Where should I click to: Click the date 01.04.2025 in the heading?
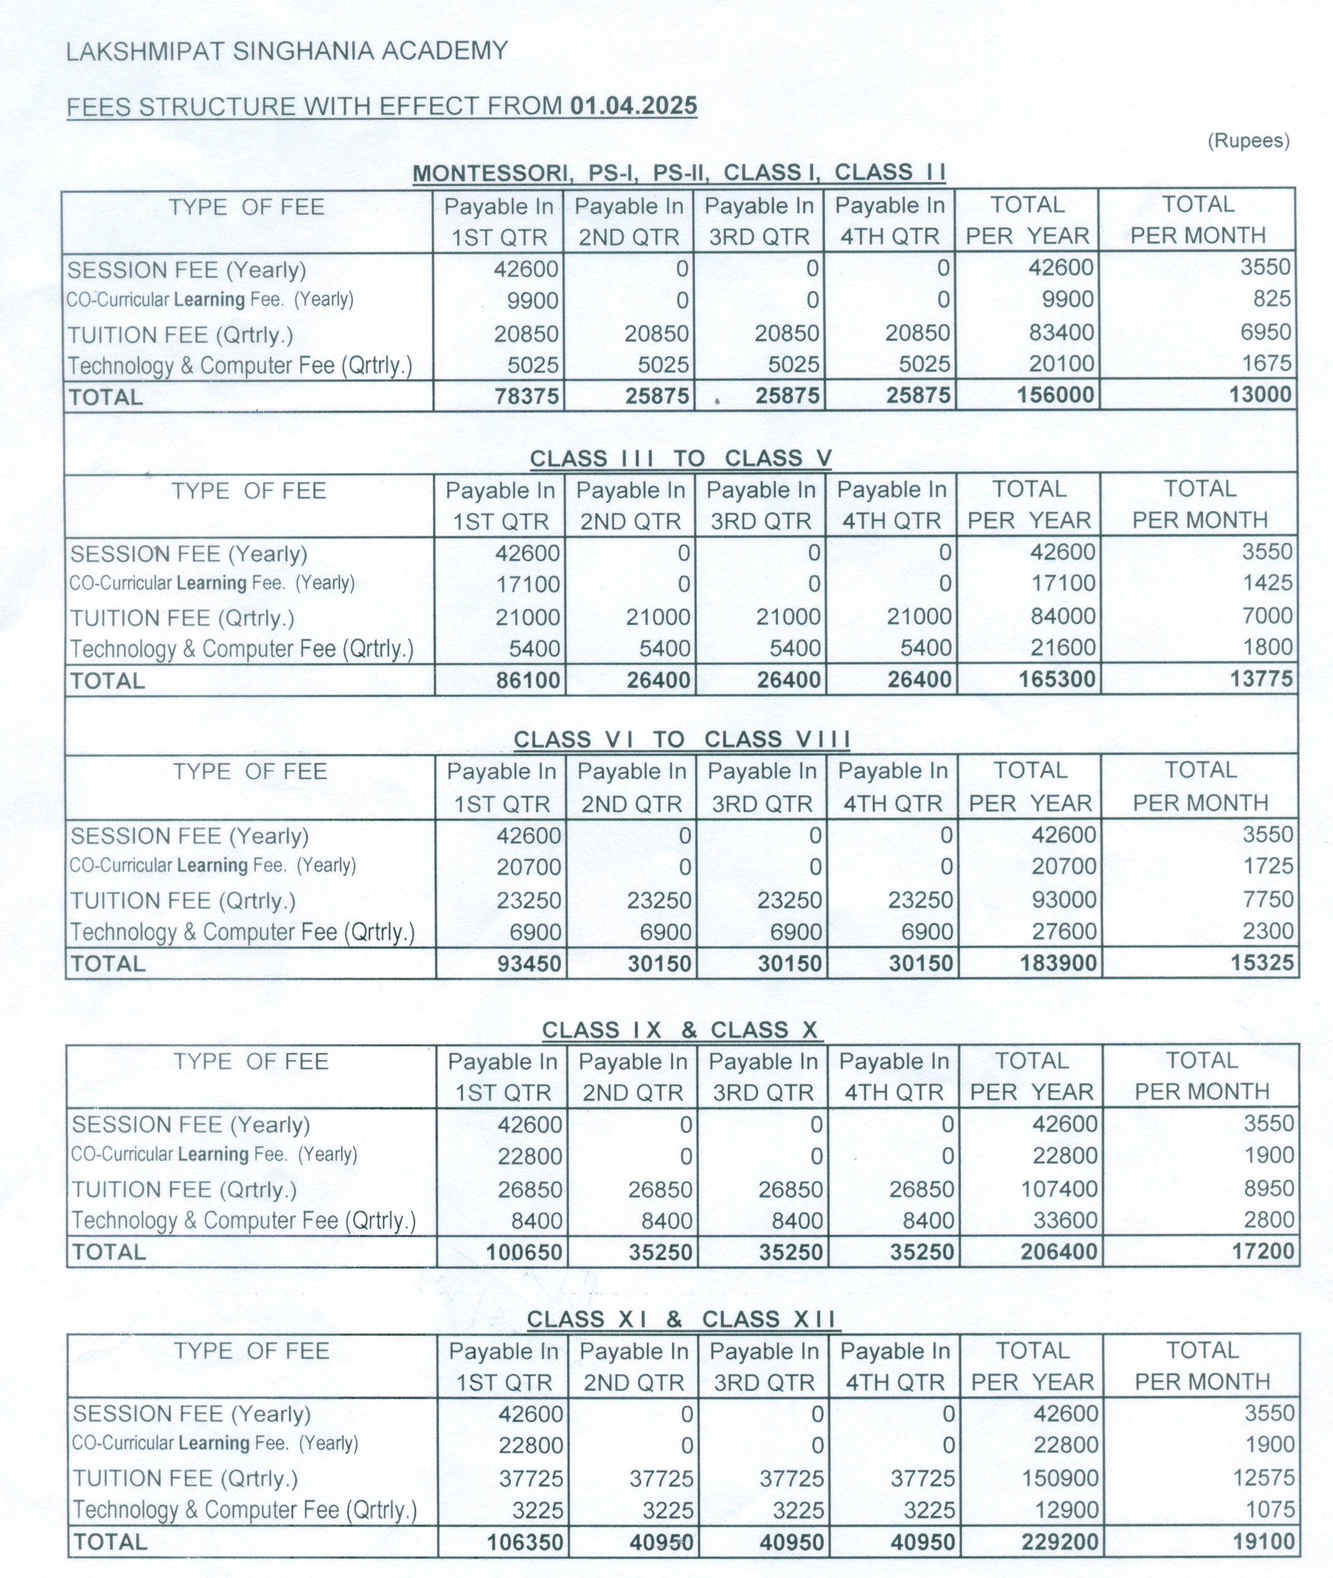pos(633,106)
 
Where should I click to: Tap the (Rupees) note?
pos(1248,141)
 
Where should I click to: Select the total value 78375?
pos(526,396)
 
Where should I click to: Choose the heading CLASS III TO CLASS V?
pos(680,458)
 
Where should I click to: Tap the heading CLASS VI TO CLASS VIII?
pos(682,739)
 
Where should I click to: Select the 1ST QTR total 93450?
pos(529,964)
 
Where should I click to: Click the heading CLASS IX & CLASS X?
pos(680,1030)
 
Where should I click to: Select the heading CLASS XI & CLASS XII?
pos(682,1320)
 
